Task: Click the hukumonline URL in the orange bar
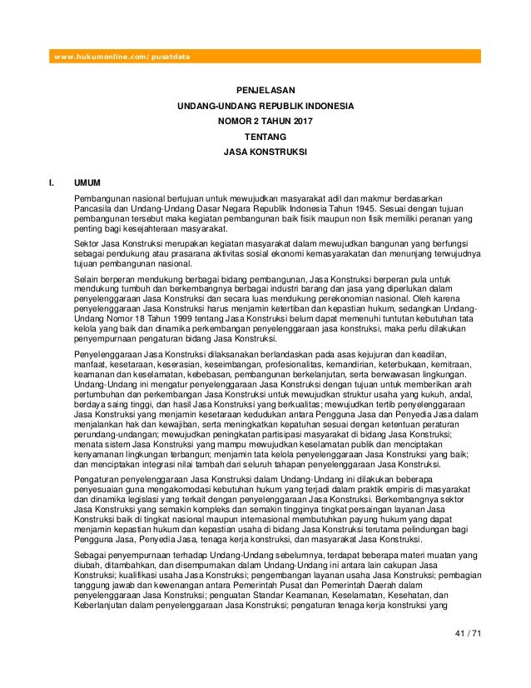pos(122,57)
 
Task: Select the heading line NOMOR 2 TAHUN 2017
pos(265,122)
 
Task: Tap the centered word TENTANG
pos(265,137)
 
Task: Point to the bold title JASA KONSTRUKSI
pos(265,153)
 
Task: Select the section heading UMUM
pos(88,180)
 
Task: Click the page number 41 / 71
pos(469,635)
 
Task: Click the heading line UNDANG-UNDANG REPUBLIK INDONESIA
pos(265,107)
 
